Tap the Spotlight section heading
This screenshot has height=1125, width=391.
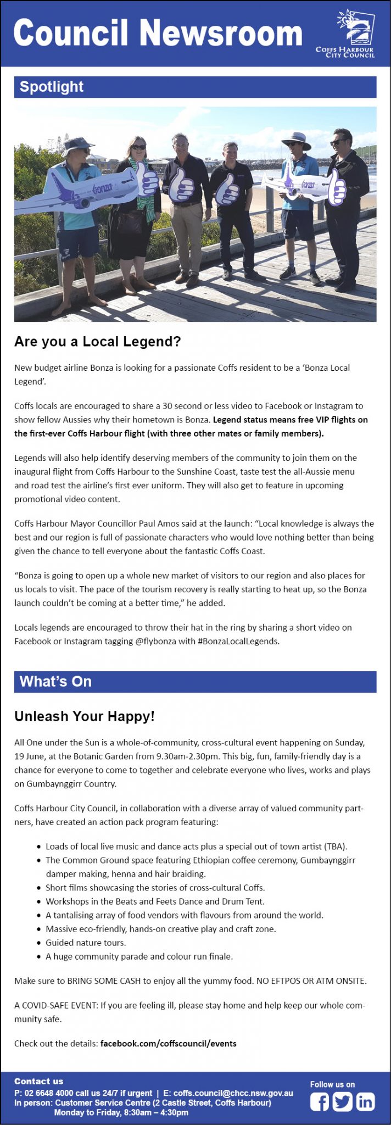(x=52, y=87)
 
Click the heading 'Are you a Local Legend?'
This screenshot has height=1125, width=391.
(x=97, y=342)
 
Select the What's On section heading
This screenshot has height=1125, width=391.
(x=55, y=682)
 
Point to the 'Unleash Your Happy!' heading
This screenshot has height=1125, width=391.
(x=85, y=716)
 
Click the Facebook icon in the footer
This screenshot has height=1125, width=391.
(x=319, y=1101)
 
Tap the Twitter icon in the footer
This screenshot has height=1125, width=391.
(x=342, y=1101)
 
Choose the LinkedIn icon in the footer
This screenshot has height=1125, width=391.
(x=365, y=1101)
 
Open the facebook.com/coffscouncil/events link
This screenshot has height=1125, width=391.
(x=168, y=1043)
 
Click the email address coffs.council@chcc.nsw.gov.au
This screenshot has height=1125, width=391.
(x=233, y=1093)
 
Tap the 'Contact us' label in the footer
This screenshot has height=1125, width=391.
(x=38, y=1081)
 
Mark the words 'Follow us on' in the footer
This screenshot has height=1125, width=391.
(x=332, y=1084)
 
